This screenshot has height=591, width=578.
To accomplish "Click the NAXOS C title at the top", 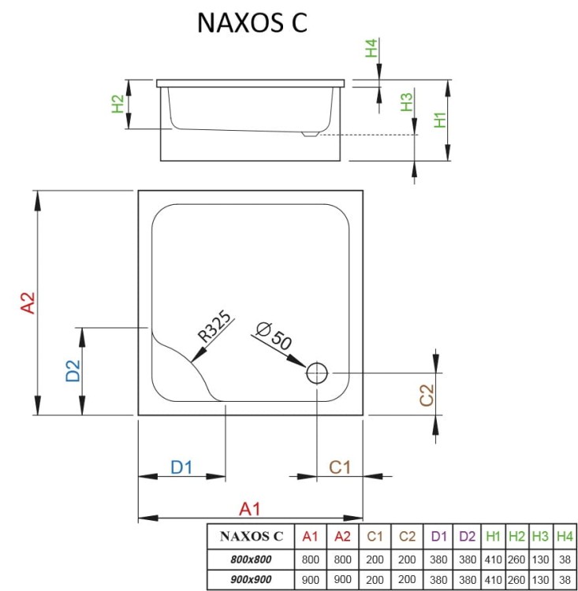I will (x=252, y=24).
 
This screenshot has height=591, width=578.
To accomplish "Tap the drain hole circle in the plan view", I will (x=317, y=373).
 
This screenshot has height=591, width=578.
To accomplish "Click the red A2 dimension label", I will (x=28, y=303).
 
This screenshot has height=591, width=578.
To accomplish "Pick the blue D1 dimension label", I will (x=181, y=467).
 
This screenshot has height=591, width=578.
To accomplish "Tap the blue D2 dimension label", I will (x=73, y=371).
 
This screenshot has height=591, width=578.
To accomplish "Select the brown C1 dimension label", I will (x=339, y=467).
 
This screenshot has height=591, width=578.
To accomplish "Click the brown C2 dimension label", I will (x=427, y=395).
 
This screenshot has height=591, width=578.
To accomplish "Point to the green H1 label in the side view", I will (x=442, y=120).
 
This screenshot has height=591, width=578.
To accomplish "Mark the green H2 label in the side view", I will (x=117, y=104).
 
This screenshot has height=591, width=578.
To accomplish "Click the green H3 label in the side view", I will (x=406, y=103).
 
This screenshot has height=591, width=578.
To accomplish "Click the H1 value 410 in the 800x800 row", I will (x=494, y=559).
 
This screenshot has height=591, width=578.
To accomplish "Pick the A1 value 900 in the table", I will (x=311, y=579).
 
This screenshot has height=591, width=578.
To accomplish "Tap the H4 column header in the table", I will (x=565, y=537).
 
